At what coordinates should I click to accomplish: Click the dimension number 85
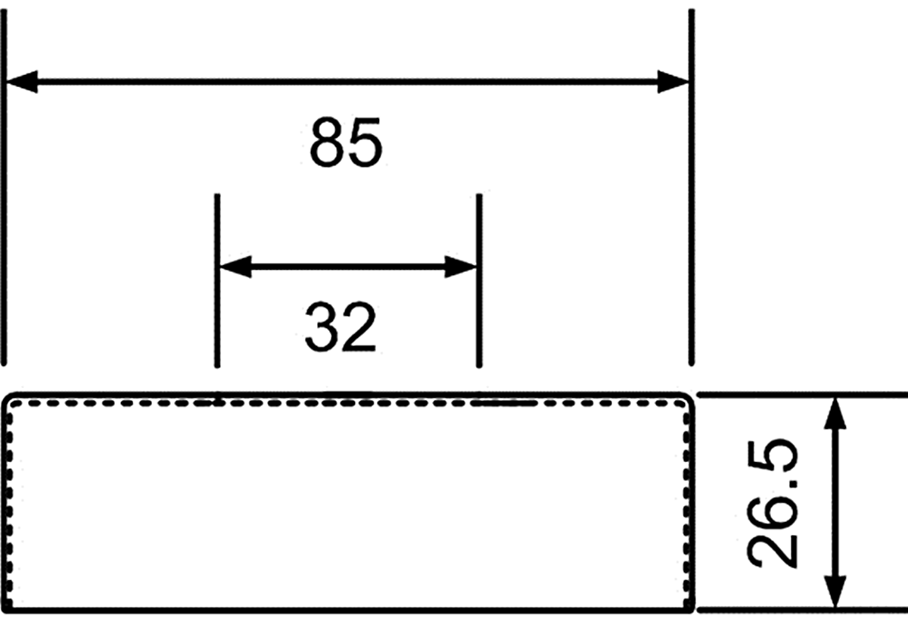(346, 142)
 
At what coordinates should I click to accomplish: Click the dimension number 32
(341, 327)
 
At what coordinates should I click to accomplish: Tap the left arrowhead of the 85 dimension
(22, 82)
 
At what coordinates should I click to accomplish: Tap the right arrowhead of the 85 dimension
(673, 82)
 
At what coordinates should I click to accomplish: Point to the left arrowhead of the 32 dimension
(236, 267)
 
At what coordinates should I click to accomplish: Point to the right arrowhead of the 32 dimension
(461, 267)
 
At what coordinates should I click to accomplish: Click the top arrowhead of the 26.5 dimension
(835, 414)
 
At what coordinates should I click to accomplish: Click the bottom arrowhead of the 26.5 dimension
(835, 592)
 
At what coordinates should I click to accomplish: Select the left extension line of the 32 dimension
(217, 281)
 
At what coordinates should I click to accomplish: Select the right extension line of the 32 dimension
(479, 281)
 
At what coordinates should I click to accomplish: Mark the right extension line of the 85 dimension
(692, 188)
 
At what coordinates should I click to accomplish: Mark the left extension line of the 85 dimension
(4, 188)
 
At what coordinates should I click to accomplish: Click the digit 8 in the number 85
(327, 142)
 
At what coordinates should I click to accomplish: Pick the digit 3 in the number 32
(322, 327)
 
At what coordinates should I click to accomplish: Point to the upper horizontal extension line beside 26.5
(802, 395)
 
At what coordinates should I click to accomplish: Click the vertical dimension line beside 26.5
(835, 503)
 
